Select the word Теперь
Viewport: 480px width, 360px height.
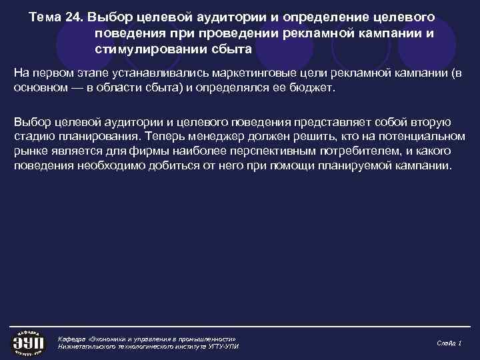(165, 136)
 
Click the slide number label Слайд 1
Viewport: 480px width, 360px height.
(449, 342)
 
